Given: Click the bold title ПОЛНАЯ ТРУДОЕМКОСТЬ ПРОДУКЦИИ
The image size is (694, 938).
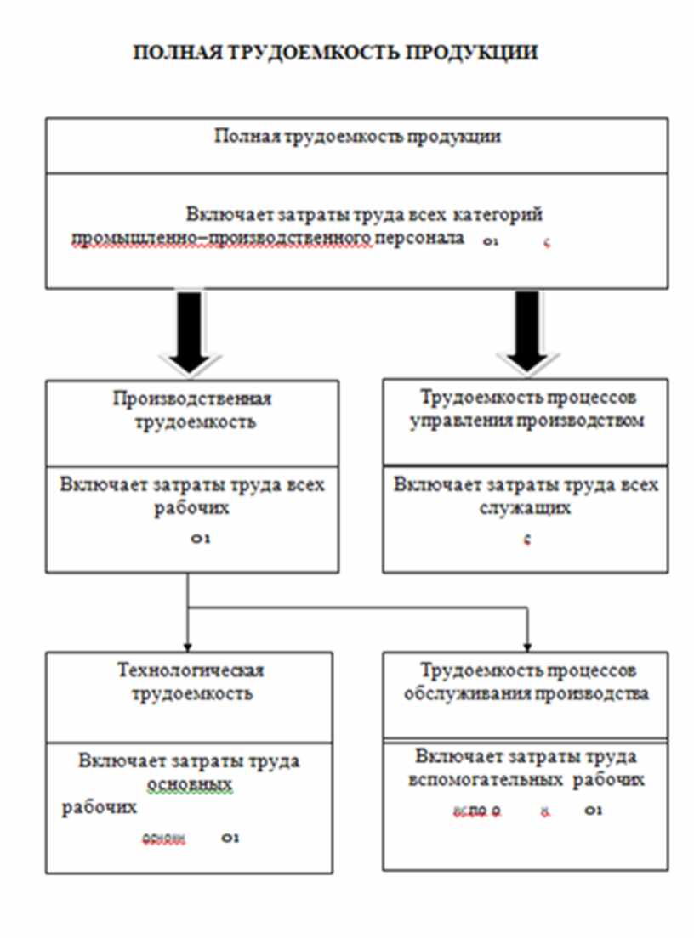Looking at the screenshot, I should click(x=336, y=53).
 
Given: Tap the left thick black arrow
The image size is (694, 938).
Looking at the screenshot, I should click(x=188, y=331).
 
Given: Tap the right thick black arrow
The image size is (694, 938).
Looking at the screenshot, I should click(x=526, y=331).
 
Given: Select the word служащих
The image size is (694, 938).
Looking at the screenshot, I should click(x=524, y=509).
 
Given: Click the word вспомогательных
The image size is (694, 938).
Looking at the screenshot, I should click(x=486, y=780).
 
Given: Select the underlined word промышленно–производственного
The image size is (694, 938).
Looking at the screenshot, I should click(x=223, y=238).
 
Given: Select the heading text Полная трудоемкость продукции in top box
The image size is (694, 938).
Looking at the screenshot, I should click(x=356, y=138).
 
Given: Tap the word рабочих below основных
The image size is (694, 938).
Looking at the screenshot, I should click(x=100, y=807).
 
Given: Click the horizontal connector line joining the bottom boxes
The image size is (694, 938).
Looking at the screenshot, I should click(x=357, y=607).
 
